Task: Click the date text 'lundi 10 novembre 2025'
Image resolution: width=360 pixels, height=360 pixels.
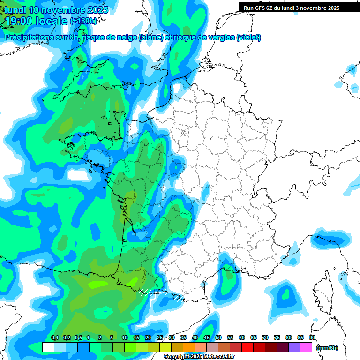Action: pyautogui.click(x=56, y=10)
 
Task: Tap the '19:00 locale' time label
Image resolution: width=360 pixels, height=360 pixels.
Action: pyautogui.click(x=36, y=21)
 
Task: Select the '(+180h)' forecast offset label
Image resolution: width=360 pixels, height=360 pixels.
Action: pyautogui.click(x=84, y=21)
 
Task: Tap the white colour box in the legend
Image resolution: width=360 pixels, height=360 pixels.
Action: pyautogui.click(x=48, y=347)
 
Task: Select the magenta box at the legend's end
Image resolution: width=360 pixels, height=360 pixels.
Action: pyautogui.click(x=306, y=347)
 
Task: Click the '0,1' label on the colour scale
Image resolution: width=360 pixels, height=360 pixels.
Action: pyautogui.click(x=54, y=337)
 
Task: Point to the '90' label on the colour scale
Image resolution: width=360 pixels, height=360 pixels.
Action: pyautogui.click(x=312, y=337)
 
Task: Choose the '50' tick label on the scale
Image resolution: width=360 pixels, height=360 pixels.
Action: pyautogui.click(x=218, y=337)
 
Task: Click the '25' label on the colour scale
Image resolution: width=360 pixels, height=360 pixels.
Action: pyautogui.click(x=160, y=337)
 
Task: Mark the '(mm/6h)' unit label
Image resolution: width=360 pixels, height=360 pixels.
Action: pyautogui.click(x=327, y=348)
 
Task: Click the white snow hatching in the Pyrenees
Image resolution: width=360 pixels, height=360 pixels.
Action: pyautogui.click(x=146, y=292)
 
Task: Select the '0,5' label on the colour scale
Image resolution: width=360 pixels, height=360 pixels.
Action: pyautogui.click(x=78, y=337)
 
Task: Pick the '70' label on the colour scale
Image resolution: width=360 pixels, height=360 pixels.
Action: pyautogui.click(x=265, y=337)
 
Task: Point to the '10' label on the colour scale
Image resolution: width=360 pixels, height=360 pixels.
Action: pyautogui.click(x=125, y=337)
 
